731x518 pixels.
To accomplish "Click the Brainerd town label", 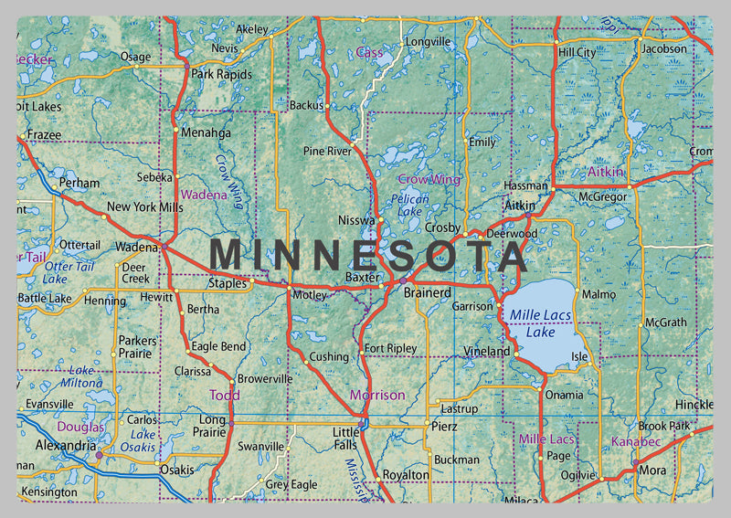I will pos(428,292).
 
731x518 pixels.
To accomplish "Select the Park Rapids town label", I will pos(220,74).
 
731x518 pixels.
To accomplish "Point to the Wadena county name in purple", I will pos(204,195).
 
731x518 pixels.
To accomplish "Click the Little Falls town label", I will pos(346,438).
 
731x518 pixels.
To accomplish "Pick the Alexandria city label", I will pos(65,445).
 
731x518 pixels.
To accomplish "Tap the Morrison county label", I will pos(376,395).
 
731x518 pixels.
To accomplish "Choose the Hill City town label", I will pos(577,53).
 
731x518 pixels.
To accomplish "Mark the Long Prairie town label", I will pos(213,426).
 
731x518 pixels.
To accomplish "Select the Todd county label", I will pos(225,395).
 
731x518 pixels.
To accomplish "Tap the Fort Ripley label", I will pos(390,348).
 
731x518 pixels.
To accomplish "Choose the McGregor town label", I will pos(602,196).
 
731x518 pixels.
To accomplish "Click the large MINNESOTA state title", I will pos(369,255).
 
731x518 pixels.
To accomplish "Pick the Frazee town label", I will pos(44,134).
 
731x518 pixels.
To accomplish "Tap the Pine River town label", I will pos(327,150).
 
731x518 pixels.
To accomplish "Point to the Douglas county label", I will pos(80,427).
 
